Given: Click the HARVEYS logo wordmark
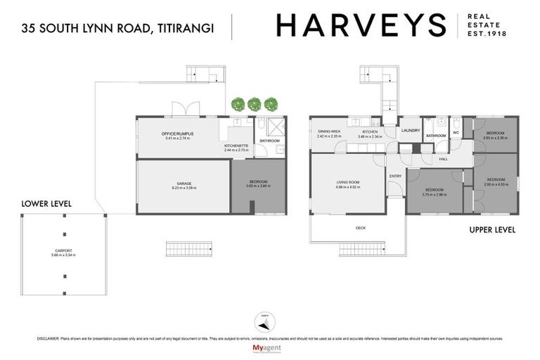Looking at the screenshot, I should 361,25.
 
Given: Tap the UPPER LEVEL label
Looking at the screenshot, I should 492,230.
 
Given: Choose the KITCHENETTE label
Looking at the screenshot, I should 236,146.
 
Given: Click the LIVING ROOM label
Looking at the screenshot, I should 348,184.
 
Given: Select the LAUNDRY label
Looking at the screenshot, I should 410,131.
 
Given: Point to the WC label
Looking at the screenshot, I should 456,132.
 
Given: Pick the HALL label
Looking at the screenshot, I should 443,159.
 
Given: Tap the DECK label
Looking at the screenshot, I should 361,228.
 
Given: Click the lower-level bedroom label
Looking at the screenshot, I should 259,184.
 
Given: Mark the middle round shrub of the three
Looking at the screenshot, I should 254,104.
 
